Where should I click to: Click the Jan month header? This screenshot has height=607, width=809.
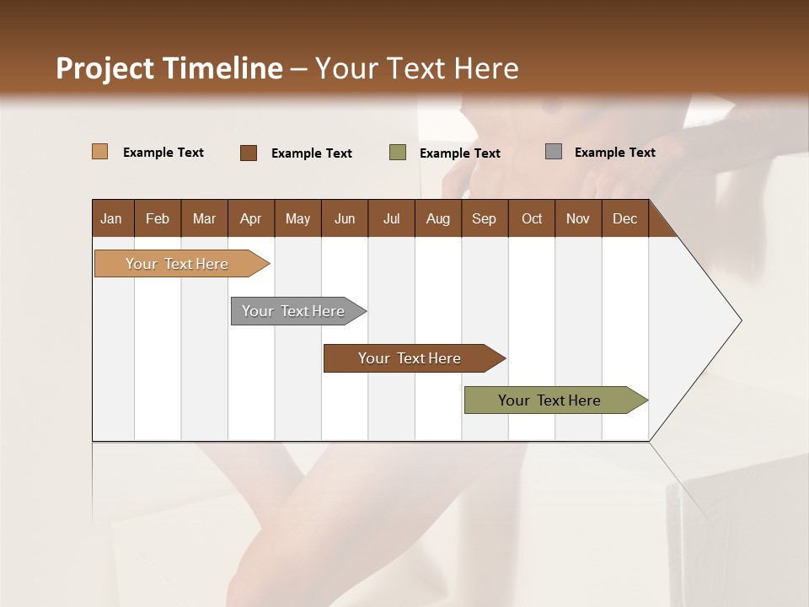tap(111, 218)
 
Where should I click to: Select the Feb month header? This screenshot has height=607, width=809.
tap(158, 218)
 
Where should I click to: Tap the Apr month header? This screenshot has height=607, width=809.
tap(250, 218)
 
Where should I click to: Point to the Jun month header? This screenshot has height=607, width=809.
tap(344, 218)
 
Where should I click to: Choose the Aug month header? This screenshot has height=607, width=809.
tap(437, 218)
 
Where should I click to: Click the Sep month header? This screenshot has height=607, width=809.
tap(484, 218)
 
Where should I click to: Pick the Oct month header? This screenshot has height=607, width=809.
tap(532, 218)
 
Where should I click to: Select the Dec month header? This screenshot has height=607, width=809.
tap(624, 218)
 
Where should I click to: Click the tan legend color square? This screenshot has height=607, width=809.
tap(100, 152)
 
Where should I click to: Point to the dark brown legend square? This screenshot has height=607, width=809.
tap(249, 153)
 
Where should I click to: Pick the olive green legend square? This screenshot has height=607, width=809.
tap(398, 153)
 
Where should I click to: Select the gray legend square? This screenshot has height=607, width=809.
tap(554, 152)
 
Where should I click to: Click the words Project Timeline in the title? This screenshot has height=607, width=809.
tap(169, 68)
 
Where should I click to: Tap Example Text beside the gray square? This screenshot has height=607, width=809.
tap(614, 152)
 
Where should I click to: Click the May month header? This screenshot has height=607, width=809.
tap(297, 218)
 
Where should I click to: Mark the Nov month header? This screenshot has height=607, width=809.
tap(577, 218)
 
